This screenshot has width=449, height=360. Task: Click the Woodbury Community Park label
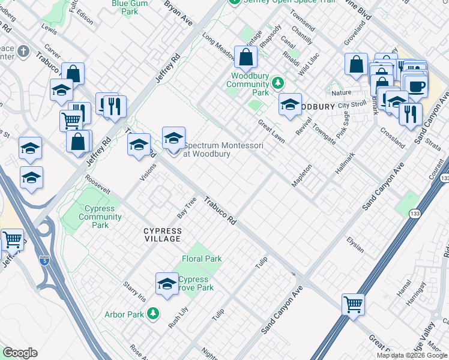click(x=247, y=84)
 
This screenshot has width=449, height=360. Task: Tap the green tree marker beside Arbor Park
click(x=154, y=314)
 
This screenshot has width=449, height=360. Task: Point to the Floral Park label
click(x=202, y=259)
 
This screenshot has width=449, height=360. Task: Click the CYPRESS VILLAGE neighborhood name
click(x=161, y=235)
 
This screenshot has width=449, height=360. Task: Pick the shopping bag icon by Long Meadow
click(x=246, y=58)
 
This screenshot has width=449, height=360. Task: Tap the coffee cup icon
click(x=417, y=86)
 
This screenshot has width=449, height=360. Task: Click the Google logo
click(x=20, y=353)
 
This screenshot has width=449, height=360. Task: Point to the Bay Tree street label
click(x=187, y=206)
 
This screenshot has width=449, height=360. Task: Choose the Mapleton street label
click(x=302, y=175)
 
